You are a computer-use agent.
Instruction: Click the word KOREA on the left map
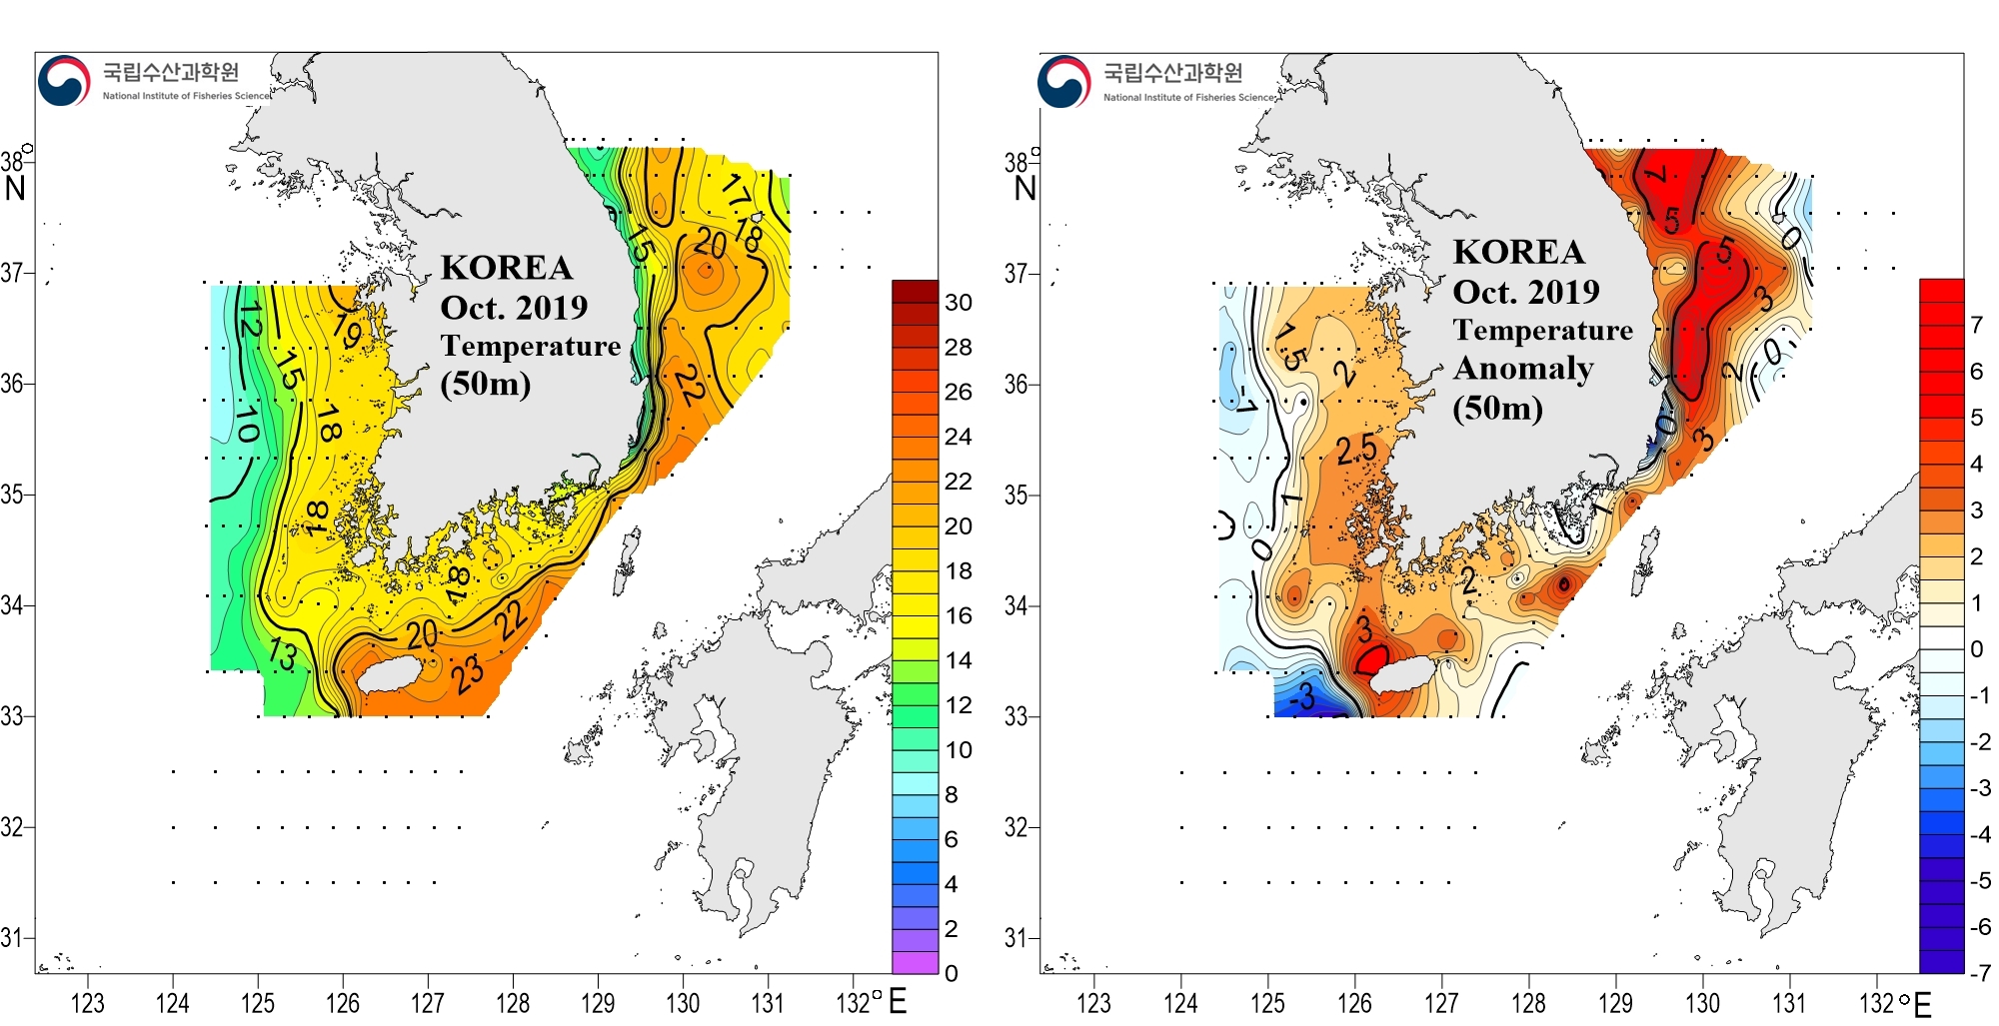507,268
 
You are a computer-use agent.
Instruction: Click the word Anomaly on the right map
1523,369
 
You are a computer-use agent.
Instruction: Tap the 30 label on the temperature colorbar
958,303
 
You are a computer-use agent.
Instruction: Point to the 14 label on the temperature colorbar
958,660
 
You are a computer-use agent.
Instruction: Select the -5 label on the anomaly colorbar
1978,881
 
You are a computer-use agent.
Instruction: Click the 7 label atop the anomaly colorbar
1976,325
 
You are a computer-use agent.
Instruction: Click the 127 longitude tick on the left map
428,1002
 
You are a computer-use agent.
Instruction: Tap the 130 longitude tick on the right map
1702,1002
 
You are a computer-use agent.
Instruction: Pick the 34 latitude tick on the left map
12,605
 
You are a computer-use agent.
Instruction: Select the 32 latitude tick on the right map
1015,827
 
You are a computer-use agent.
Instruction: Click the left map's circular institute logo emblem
64,81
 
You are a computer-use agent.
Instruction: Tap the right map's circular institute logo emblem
1063,81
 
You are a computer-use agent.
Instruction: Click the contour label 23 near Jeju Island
467,674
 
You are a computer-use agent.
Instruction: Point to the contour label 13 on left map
283,654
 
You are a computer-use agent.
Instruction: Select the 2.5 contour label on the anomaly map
1356,451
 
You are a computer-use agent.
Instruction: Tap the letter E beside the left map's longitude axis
898,1001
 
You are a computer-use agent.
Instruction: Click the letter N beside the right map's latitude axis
1024,188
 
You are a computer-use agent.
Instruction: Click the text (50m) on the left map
485,384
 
